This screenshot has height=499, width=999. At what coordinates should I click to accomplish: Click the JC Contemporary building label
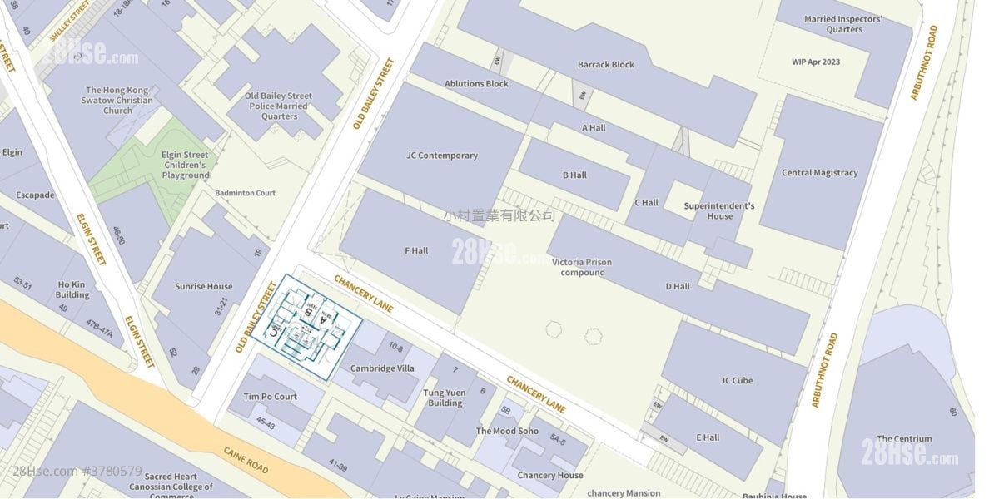[x=442, y=156]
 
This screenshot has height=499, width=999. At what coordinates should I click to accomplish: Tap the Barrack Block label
[x=606, y=65]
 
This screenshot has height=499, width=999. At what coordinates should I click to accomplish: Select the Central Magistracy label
[x=819, y=173]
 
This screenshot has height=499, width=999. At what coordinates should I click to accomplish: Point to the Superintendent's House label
[x=719, y=210]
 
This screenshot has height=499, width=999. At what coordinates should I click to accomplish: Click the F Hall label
[x=416, y=250]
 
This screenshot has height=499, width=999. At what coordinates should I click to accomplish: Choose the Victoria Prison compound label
[x=582, y=267]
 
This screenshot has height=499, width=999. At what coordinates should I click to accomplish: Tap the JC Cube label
[x=737, y=381]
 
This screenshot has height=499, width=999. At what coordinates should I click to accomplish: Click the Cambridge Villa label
[x=382, y=368]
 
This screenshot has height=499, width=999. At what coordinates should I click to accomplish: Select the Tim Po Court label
[x=270, y=397]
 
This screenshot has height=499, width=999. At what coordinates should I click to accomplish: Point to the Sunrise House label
[x=204, y=287]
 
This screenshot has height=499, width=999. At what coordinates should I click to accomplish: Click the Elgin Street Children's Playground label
[x=186, y=165]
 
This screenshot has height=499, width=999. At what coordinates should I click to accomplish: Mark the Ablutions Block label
[x=476, y=84]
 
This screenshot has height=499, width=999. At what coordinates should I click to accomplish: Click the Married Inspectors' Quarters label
[x=843, y=24]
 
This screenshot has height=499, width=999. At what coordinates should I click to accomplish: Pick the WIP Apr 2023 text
[x=816, y=62]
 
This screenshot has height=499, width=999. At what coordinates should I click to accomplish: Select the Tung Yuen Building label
[x=445, y=398]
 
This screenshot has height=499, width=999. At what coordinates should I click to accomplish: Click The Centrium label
[x=904, y=439]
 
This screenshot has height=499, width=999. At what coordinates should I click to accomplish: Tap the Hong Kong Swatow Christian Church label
[x=117, y=100]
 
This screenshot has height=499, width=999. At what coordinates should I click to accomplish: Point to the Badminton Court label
[x=245, y=193]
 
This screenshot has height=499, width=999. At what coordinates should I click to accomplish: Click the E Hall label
[x=708, y=437]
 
